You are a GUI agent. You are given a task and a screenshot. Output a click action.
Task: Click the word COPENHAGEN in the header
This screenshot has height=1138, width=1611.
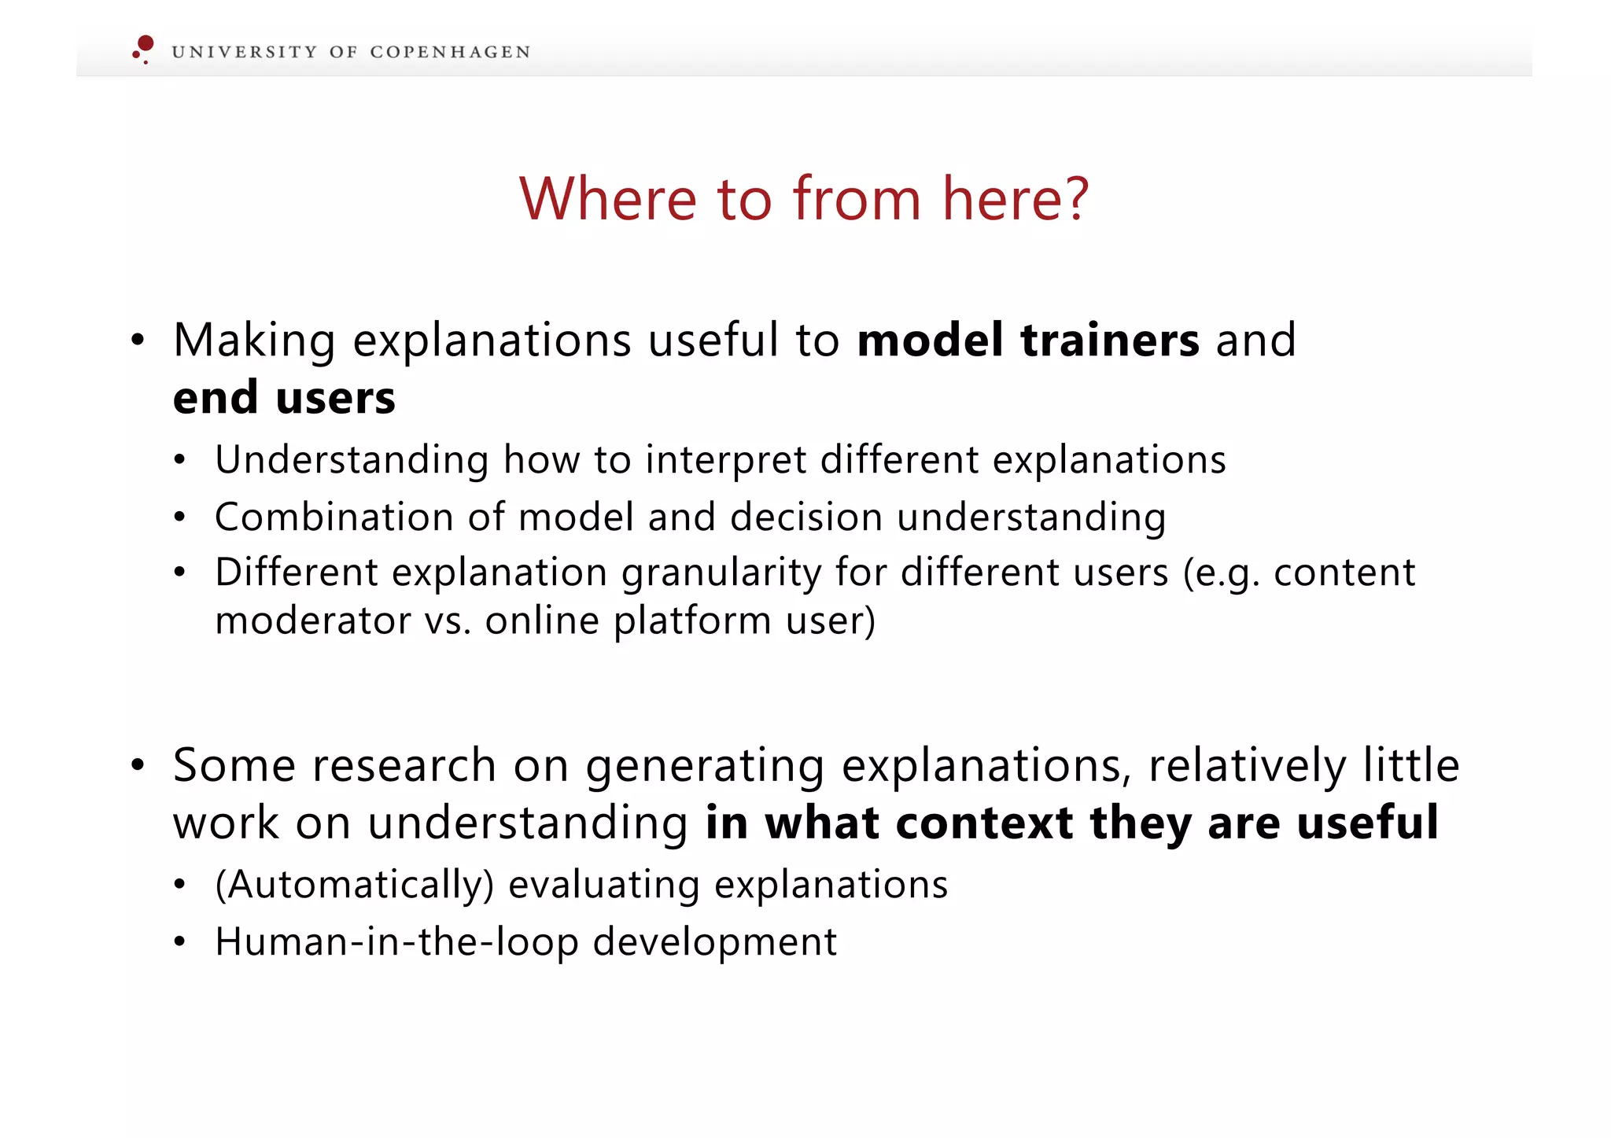pos(450,53)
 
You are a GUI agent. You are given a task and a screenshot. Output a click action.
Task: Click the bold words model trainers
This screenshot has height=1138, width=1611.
pos(1028,341)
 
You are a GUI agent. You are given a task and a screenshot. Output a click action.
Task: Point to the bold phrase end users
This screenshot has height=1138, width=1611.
pos(284,398)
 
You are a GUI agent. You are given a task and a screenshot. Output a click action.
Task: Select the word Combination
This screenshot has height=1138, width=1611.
pos(334,517)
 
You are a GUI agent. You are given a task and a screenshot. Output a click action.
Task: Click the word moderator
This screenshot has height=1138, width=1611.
pos(312,621)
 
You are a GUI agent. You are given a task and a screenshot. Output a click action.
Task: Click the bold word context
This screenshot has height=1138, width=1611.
pos(984,823)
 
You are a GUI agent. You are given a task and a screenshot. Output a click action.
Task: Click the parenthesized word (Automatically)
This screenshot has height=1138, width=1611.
pos(354,886)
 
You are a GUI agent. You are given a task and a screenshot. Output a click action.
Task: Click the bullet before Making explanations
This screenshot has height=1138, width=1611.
pos(138,341)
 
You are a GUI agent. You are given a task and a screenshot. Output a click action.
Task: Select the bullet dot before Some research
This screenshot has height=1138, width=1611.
pos(138,765)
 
